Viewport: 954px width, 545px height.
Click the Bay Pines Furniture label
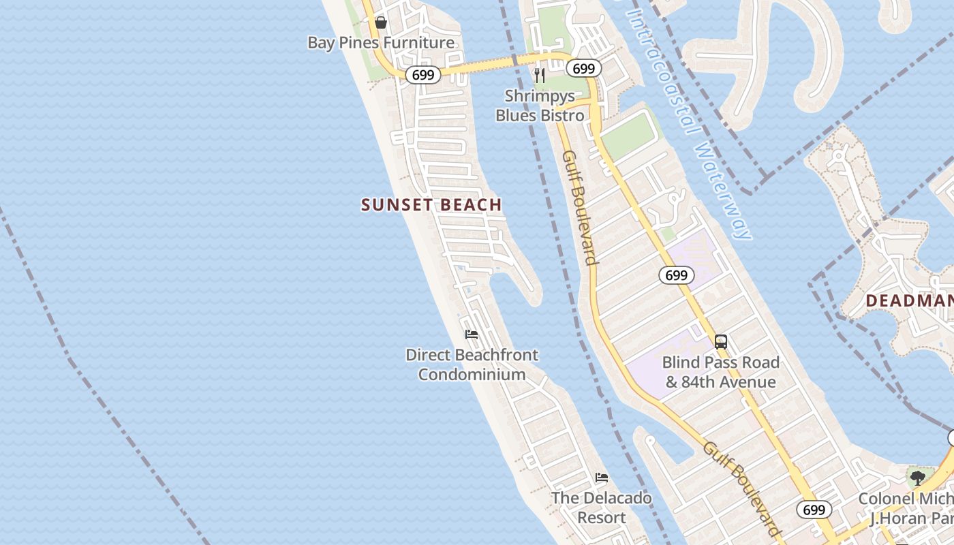coord(380,43)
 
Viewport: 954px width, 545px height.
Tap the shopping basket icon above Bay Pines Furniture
coord(380,23)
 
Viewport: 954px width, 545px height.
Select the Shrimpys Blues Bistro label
coord(540,106)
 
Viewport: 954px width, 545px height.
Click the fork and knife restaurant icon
coord(540,76)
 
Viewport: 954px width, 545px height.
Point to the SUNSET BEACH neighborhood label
coord(431,204)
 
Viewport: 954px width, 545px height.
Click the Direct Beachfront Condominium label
coord(472,364)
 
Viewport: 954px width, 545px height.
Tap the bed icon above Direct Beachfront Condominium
coord(471,334)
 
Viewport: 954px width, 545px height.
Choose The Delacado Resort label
coord(601,508)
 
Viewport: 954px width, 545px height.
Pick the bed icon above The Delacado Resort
coord(601,478)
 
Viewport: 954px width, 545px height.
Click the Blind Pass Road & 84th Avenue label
coord(720,372)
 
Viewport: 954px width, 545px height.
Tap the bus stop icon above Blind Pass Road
coord(720,341)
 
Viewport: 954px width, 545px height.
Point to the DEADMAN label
coord(909,300)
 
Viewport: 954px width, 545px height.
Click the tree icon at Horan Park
coord(917,477)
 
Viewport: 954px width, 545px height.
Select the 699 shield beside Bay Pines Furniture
coord(422,75)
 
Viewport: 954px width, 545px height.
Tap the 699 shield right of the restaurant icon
coord(583,68)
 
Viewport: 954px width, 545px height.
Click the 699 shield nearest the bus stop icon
coord(676,275)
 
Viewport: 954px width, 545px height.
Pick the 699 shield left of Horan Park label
coord(814,510)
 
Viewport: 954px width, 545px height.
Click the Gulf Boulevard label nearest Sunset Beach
coord(580,208)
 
